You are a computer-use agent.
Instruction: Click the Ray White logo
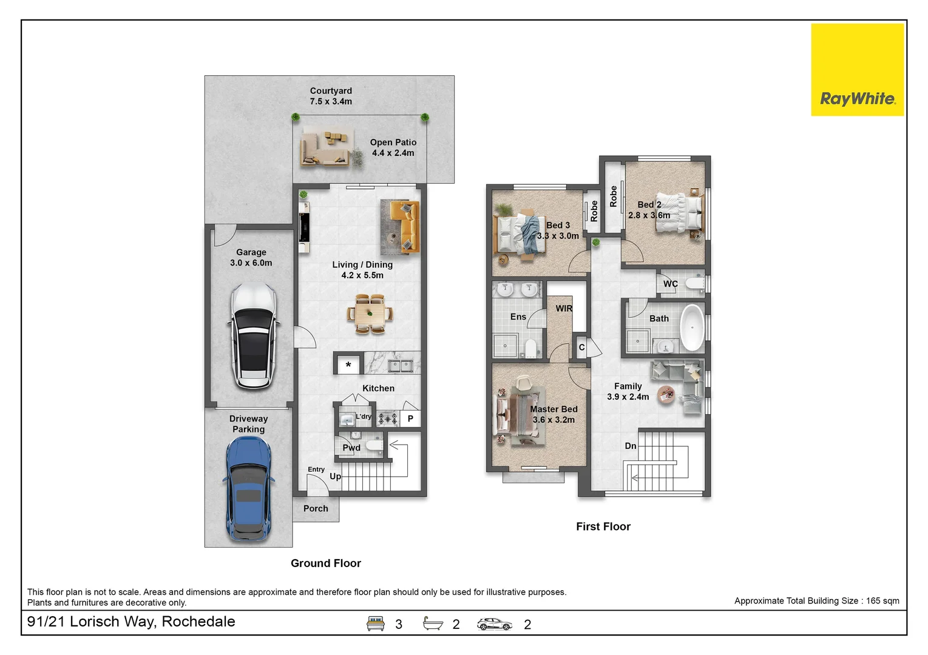(x=857, y=70)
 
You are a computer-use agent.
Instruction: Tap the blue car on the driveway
(x=249, y=489)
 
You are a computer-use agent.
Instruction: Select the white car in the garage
(x=254, y=336)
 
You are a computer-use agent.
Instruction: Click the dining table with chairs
(x=370, y=314)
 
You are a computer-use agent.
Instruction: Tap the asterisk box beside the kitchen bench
(x=348, y=364)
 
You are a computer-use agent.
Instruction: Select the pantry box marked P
(x=410, y=418)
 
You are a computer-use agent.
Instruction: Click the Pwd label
(x=351, y=448)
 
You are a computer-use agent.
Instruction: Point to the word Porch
(x=316, y=508)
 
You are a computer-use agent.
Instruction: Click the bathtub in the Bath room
(x=692, y=327)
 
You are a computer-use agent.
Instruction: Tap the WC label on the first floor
(x=670, y=284)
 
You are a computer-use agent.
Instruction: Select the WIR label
(x=564, y=309)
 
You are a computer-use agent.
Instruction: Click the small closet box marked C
(x=581, y=347)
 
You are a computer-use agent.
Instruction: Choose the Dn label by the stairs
(x=631, y=446)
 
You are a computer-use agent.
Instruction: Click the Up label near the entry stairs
(x=335, y=477)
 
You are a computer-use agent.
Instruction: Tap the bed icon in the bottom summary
(x=375, y=623)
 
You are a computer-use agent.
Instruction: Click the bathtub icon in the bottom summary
(x=433, y=623)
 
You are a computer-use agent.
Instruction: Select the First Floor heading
(x=603, y=526)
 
